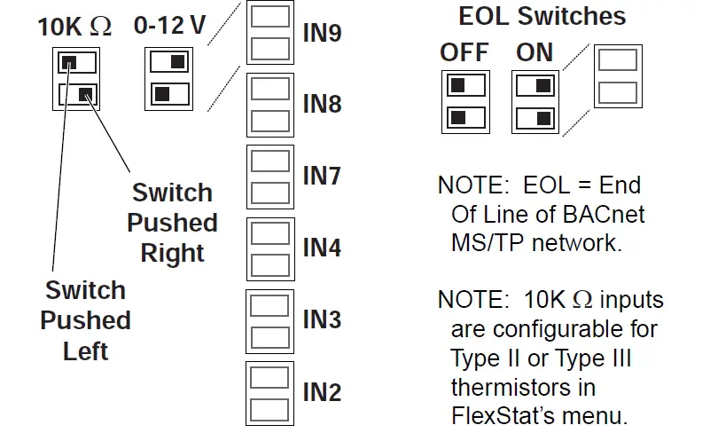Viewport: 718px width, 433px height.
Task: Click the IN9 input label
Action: point(322,34)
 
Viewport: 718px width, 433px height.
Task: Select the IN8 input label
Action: point(322,105)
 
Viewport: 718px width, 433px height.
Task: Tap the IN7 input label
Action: point(322,176)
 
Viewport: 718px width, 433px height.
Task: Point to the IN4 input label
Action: point(322,247)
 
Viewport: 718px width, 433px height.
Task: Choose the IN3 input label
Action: point(322,319)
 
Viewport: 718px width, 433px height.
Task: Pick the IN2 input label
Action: point(322,390)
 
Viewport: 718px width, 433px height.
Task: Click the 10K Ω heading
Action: point(74,27)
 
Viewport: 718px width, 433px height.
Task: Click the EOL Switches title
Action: point(542,16)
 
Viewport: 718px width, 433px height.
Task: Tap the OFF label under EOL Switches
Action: point(464,52)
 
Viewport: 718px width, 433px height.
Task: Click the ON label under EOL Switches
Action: point(535,52)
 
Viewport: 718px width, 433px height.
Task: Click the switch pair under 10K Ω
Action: point(75,79)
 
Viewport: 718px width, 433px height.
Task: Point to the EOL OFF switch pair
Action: point(465,101)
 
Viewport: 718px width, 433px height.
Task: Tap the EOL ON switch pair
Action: point(535,101)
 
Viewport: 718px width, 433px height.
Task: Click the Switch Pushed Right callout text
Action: point(173,223)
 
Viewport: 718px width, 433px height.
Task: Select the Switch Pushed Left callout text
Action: point(86,320)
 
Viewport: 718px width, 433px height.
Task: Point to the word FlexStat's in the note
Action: point(506,415)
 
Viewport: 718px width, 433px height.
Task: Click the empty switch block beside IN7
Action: point(269,176)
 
